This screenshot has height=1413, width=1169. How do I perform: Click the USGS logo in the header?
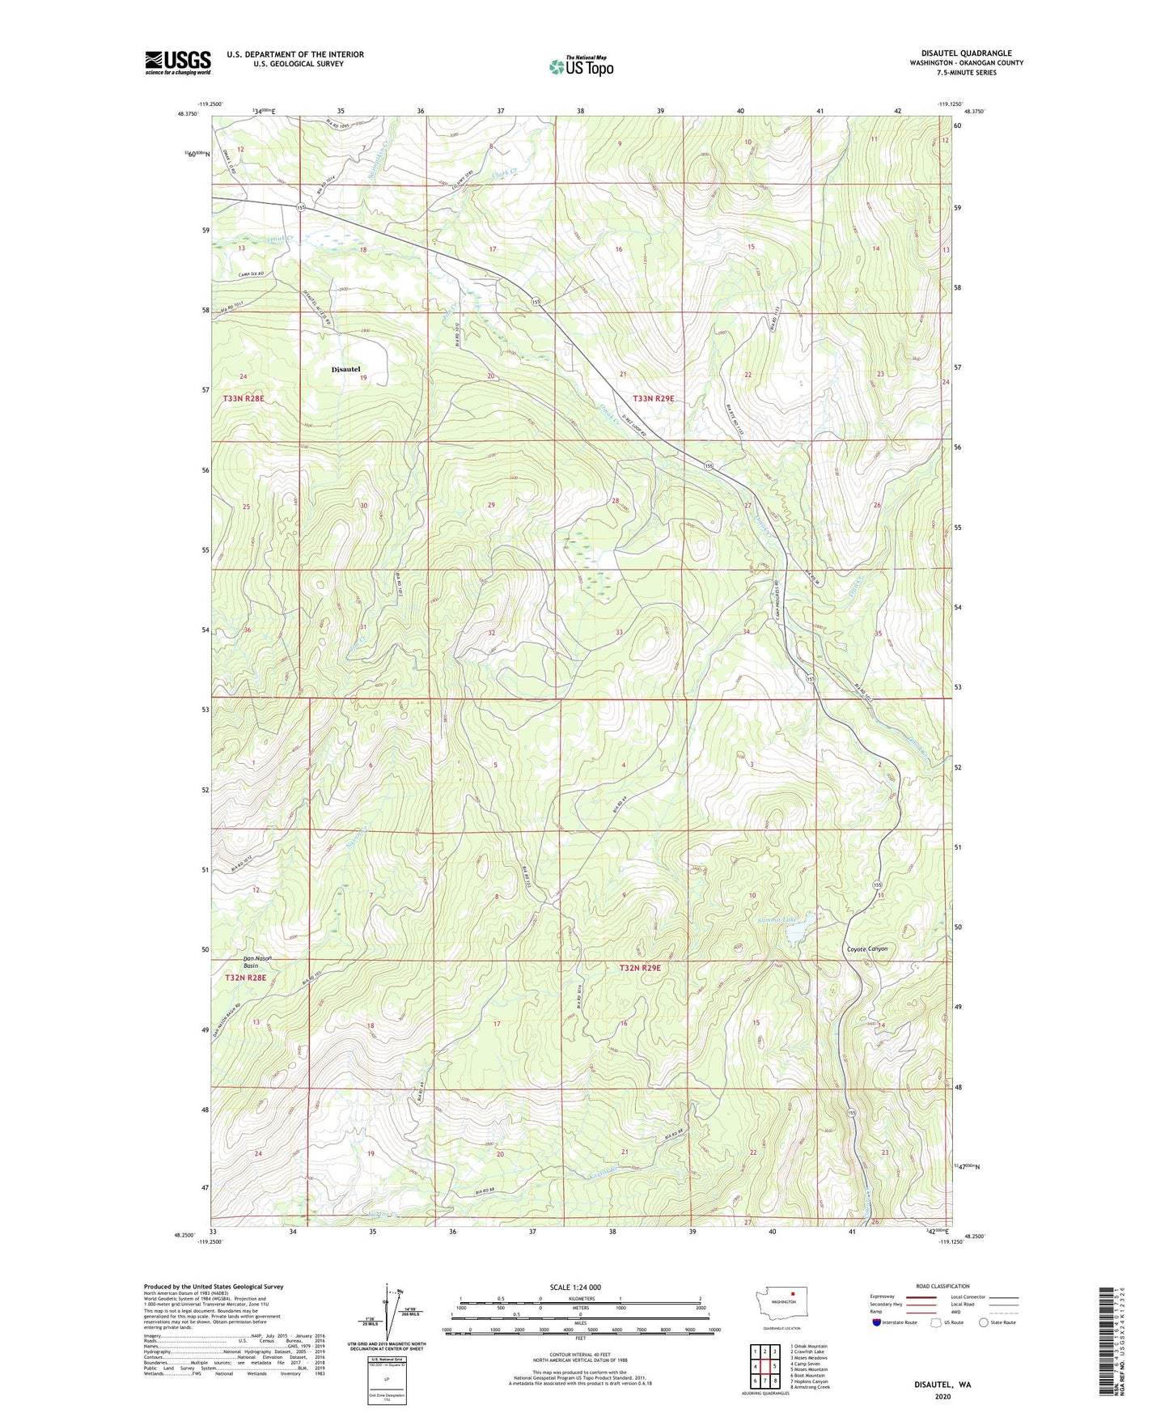click(x=177, y=62)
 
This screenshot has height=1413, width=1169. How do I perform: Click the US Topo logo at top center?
click(x=580, y=66)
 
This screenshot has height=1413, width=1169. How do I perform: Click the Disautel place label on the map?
click(x=345, y=369)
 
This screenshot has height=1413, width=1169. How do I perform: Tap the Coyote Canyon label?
click(x=866, y=949)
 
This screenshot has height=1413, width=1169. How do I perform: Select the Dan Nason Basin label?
click(x=257, y=962)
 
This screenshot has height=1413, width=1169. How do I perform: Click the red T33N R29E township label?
click(x=653, y=398)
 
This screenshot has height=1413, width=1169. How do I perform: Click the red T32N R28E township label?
click(x=244, y=978)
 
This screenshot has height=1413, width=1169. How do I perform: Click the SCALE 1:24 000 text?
click(x=574, y=1287)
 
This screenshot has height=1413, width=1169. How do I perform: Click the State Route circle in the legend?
click(x=983, y=1323)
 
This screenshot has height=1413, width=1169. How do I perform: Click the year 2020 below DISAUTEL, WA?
click(x=942, y=1396)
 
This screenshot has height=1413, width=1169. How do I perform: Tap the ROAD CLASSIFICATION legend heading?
click(x=942, y=1286)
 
